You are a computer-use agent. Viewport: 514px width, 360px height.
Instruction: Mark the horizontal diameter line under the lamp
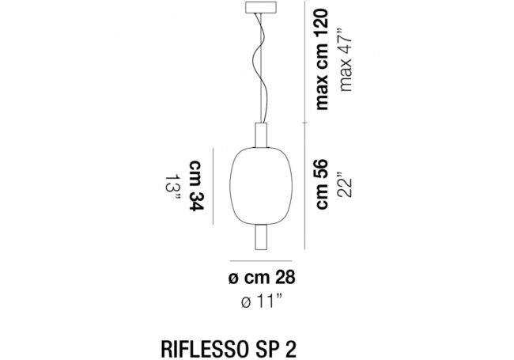coord(260,260)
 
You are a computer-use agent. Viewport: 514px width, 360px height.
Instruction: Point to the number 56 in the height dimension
coord(323,169)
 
